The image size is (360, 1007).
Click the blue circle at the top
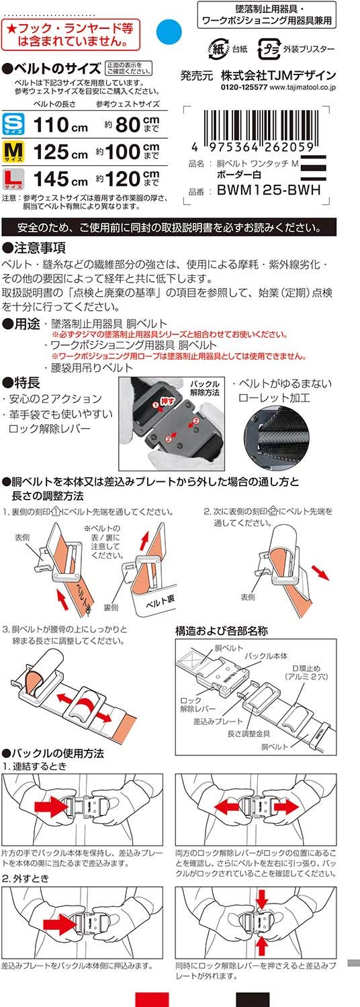click(169, 32)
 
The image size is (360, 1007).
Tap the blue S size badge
click(13, 124)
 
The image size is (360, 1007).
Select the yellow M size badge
click(13, 152)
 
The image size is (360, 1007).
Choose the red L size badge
click(13, 179)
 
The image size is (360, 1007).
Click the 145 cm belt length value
click(60, 179)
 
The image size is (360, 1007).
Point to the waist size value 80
click(128, 124)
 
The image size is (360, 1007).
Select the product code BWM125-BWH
click(269, 190)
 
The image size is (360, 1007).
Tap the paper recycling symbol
click(218, 49)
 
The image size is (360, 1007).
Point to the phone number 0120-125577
click(244, 88)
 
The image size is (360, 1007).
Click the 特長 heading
click(21, 383)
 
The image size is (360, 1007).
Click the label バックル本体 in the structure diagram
click(266, 656)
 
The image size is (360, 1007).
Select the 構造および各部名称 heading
click(222, 631)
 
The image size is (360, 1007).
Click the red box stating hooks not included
click(71, 35)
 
